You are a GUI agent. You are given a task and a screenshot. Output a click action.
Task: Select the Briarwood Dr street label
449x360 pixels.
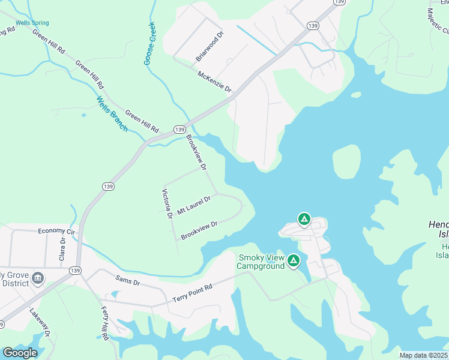click(x=209, y=47)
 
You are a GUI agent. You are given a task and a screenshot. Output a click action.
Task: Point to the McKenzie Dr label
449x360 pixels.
click(x=214, y=81)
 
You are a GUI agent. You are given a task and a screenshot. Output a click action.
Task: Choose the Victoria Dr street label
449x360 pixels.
click(x=166, y=203)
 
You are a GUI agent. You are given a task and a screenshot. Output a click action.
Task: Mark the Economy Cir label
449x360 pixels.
click(x=56, y=231)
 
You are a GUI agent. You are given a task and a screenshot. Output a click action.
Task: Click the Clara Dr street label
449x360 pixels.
click(x=62, y=247)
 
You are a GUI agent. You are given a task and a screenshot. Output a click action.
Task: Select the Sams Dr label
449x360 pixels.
click(x=128, y=281)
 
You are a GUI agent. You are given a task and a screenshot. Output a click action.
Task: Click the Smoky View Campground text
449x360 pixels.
click(x=261, y=262)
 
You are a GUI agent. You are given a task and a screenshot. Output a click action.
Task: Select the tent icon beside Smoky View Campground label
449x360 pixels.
click(x=294, y=260)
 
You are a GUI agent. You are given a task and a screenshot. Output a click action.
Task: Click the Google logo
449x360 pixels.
click(x=20, y=353)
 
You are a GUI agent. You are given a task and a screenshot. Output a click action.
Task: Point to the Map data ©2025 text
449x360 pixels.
click(x=424, y=355)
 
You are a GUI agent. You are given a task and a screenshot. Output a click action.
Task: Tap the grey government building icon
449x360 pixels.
click(x=38, y=278)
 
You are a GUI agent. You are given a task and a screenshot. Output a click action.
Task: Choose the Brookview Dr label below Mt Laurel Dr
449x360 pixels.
click(x=199, y=231)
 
